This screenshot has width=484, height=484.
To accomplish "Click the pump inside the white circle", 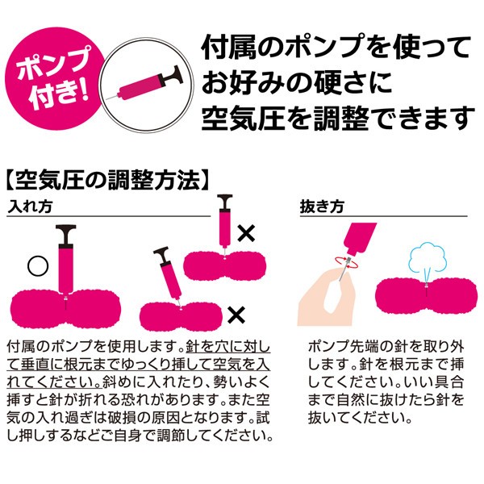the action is pyautogui.click(x=145, y=84).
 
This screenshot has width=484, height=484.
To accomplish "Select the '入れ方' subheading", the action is pyautogui.click(x=30, y=207).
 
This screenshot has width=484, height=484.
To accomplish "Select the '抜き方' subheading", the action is pyautogui.click(x=322, y=207).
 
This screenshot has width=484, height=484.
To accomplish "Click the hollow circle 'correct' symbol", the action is pyautogui.click(x=38, y=265).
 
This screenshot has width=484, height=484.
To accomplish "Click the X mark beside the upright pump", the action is pyautogui.click(x=246, y=233).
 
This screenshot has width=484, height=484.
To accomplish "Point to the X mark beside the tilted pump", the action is pyautogui.click(x=236, y=315).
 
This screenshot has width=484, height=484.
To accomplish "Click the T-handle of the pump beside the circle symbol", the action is pyautogui.click(x=66, y=235).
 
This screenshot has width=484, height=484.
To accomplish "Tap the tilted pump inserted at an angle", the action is pyautogui.click(x=169, y=275).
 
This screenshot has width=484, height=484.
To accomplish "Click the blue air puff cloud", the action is pyautogui.click(x=425, y=258).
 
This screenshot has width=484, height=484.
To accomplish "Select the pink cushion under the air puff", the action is pyautogui.click(x=426, y=295).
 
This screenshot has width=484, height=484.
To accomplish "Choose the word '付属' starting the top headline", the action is pyautogui.click(x=229, y=48).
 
